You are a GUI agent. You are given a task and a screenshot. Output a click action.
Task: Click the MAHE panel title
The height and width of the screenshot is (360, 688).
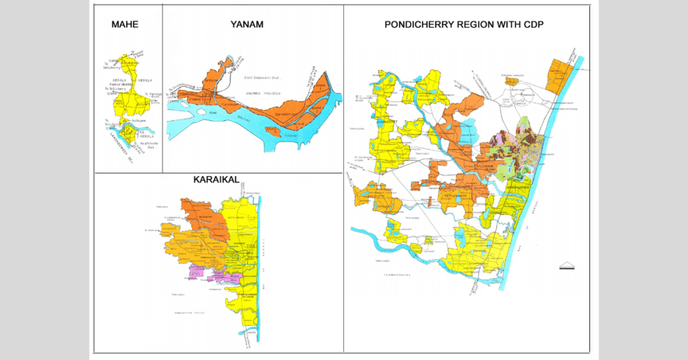[124, 25]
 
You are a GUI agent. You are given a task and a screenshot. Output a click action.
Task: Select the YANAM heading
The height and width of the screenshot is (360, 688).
[246, 25]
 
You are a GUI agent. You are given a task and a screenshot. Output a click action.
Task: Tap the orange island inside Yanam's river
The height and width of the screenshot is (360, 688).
[272, 130]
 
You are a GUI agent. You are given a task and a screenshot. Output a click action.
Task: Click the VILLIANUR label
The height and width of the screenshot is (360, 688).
[485, 165]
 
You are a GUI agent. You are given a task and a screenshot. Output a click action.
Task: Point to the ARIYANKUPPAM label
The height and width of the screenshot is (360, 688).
[520, 189]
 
